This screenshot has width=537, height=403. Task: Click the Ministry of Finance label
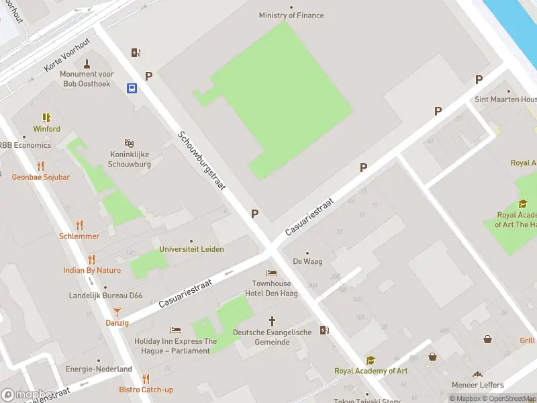291,15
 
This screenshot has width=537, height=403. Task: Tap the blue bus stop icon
132,88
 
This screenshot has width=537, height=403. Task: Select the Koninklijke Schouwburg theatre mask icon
129,143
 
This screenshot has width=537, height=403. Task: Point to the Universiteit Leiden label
191,249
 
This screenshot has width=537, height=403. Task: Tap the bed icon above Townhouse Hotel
271,273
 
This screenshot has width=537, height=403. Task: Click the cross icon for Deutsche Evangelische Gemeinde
272,321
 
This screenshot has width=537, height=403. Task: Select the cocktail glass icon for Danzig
117,311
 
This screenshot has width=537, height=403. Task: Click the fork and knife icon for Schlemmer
79,225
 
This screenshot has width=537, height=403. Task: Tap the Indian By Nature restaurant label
92,271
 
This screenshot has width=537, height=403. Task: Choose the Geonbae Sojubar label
40,177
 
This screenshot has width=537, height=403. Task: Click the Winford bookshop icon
46,118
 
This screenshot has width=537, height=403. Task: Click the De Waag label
305,262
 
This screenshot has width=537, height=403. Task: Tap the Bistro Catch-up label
146,390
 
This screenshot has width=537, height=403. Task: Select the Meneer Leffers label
477,385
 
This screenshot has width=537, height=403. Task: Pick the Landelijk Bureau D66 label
105,296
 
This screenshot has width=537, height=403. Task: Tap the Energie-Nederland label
99,369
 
